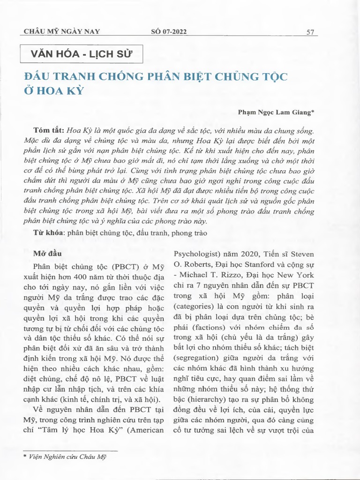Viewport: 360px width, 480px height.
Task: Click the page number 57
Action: [309, 32]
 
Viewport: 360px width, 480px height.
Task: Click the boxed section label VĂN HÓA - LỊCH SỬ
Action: [80, 54]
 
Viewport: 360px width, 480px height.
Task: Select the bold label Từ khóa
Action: [49, 232]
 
